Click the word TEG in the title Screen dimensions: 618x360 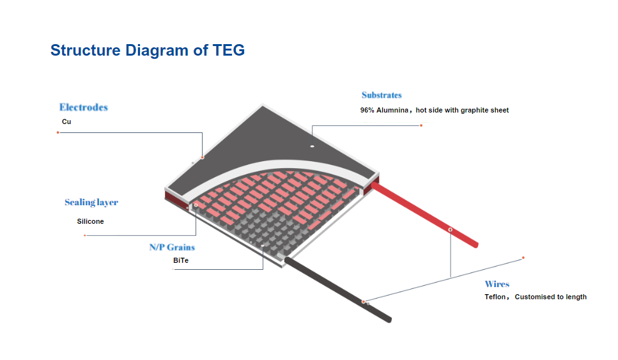[x=229, y=51]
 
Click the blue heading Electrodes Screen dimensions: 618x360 [x=84, y=107]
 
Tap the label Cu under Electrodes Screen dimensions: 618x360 [x=66, y=121]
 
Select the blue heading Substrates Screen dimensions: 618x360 [x=382, y=95]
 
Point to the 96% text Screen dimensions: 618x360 [x=367, y=110]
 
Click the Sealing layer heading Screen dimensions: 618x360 [x=91, y=202]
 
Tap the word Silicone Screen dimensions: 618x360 [x=90, y=222]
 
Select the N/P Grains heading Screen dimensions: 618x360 [x=173, y=247]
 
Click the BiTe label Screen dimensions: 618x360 [x=181, y=260]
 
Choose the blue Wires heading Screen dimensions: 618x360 [x=497, y=284]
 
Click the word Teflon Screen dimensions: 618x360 [x=495, y=297]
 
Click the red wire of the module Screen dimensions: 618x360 [x=424, y=215]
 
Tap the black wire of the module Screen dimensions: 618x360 [x=338, y=290]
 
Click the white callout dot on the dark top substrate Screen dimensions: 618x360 [x=312, y=146]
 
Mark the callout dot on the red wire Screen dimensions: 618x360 [x=451, y=230]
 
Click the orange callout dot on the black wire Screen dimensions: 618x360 [x=364, y=302]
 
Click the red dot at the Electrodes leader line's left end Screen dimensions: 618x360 [x=58, y=132]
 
